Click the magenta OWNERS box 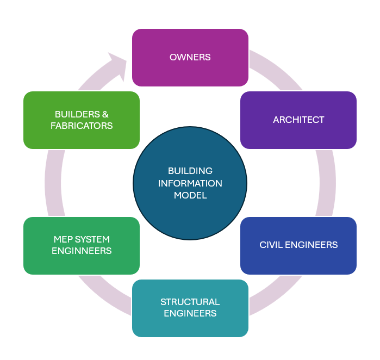click(190, 57)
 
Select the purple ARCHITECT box click(298, 120)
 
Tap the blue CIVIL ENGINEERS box click(298, 245)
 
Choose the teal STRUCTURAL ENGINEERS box click(190, 308)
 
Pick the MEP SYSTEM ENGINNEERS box click(82, 245)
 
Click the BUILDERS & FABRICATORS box click(82, 120)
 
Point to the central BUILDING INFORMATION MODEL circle click(190, 183)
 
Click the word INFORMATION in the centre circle click(190, 183)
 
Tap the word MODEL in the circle click(190, 196)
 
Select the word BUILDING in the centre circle click(190, 171)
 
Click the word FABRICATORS click(82, 126)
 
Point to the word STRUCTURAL click(190, 302)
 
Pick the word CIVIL click(270, 245)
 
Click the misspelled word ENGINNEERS click(82, 251)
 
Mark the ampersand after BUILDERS click(105, 114)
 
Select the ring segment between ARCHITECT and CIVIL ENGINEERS click(326, 183)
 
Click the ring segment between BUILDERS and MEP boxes click(53, 183)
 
